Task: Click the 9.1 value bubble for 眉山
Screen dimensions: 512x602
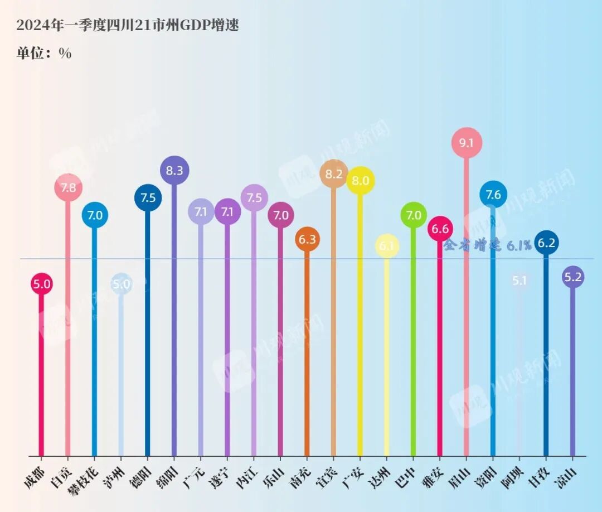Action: tap(466, 143)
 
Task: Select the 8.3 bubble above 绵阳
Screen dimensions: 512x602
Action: tap(174, 171)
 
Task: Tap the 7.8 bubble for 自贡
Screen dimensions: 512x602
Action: tap(68, 188)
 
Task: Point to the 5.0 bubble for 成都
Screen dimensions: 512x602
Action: tap(41, 284)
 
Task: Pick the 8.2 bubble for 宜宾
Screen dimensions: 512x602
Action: tap(334, 174)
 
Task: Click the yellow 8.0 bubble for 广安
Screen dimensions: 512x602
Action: tap(360, 181)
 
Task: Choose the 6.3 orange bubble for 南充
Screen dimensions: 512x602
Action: tap(307, 239)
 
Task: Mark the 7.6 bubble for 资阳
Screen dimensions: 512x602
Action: tap(493, 195)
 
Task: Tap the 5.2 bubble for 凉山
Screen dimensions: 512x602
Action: tap(572, 277)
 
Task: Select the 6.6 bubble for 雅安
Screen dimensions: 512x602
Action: tap(440, 229)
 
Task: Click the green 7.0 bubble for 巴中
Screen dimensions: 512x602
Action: tap(414, 215)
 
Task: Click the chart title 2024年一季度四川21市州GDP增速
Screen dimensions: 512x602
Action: tap(128, 25)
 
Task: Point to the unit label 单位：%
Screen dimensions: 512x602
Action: tap(44, 53)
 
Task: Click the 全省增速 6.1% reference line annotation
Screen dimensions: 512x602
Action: tap(487, 245)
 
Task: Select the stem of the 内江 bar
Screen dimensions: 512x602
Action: tap(254, 335)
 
